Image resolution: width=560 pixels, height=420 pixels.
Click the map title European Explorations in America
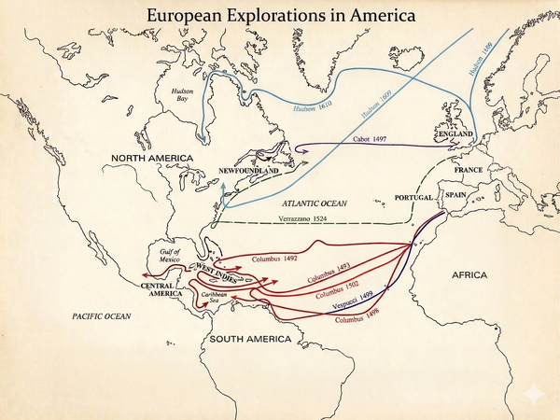(x=280, y=16)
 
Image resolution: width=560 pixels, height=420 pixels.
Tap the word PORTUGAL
(x=415, y=199)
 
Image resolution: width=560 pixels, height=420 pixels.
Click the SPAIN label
(x=455, y=195)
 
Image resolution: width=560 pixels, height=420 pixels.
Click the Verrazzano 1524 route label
(x=308, y=219)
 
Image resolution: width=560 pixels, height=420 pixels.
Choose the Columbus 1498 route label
(x=360, y=319)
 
